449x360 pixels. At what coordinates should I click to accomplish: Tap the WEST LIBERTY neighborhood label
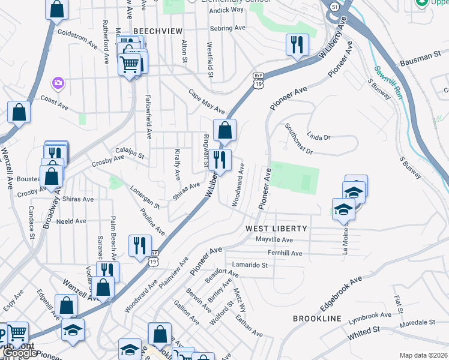click(x=276, y=229)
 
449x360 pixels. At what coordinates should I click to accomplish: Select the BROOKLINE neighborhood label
click(x=317, y=318)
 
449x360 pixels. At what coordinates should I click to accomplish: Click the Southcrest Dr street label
click(x=299, y=139)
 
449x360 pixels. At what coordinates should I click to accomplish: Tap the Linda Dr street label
click(x=319, y=137)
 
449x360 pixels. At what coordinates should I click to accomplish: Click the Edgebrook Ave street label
click(x=341, y=293)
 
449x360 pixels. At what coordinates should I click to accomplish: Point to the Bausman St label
click(x=416, y=59)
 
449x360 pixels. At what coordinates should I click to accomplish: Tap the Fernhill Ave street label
click(x=285, y=253)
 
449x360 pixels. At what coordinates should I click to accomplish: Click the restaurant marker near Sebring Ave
click(x=297, y=44)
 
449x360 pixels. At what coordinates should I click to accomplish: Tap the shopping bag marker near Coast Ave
click(x=19, y=112)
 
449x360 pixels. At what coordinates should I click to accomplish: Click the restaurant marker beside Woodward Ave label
click(x=220, y=160)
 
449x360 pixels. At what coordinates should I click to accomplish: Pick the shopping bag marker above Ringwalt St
click(x=224, y=130)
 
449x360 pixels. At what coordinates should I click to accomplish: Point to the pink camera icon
click(x=58, y=82)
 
